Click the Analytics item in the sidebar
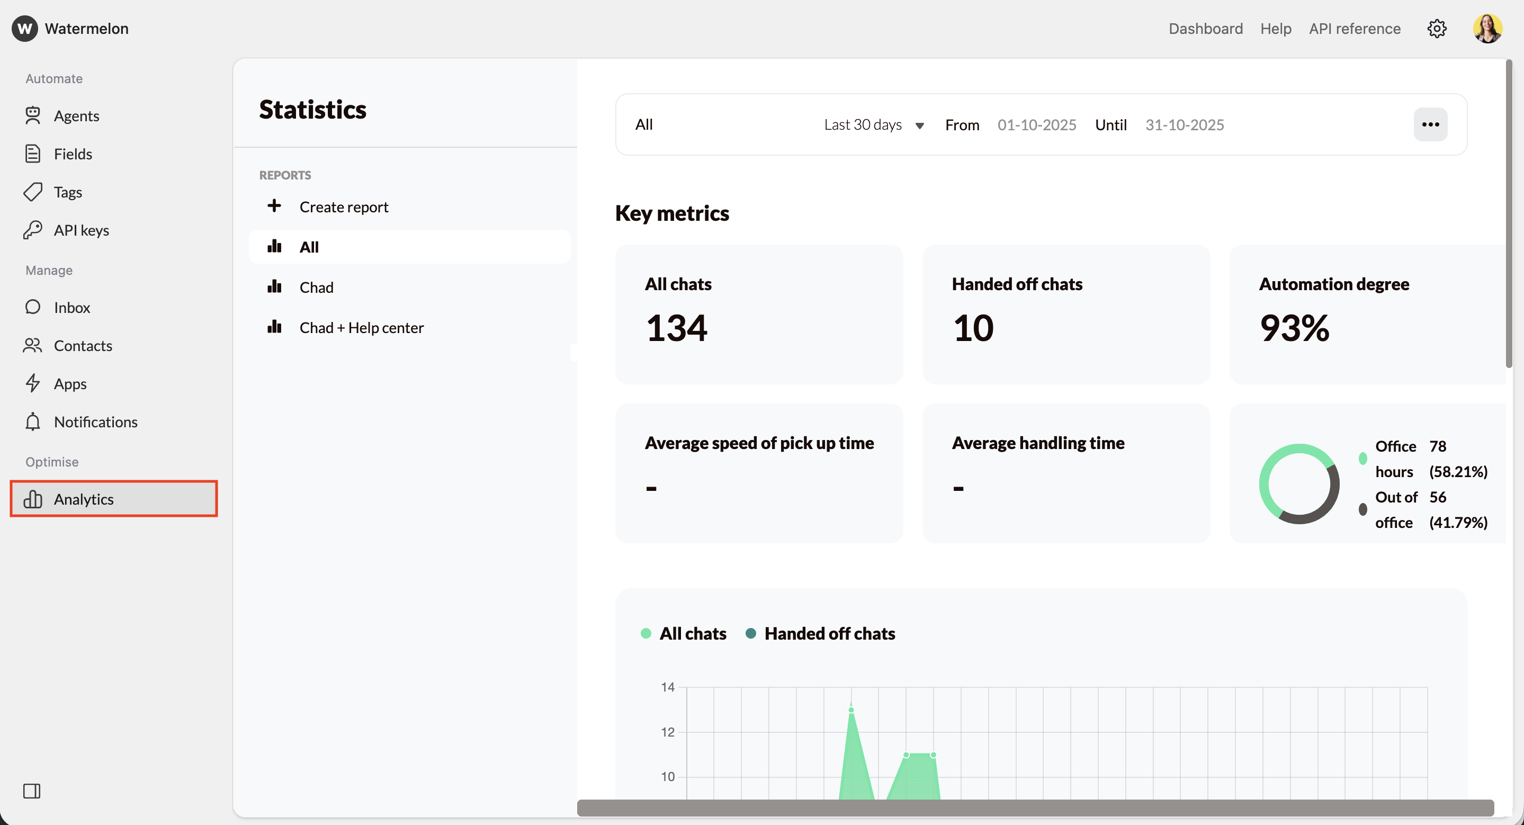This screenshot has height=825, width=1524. coord(84,499)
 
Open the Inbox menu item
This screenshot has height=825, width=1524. coord(71,308)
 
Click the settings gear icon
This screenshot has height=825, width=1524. coord(1437,29)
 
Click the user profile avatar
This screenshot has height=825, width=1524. coord(1487,29)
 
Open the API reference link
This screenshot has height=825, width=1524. coord(1354,29)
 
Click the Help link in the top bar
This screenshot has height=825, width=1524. coord(1276,29)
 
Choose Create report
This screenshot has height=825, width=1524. coord(343,207)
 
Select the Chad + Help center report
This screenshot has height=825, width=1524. coord(361,328)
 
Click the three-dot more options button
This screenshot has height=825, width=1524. coord(1430,124)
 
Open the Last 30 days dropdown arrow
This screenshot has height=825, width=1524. coord(919,125)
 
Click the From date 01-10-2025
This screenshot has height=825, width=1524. coord(1036,125)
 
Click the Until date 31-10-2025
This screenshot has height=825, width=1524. coord(1185,125)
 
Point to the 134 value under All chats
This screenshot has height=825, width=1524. coord(676,328)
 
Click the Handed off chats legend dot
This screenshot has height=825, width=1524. coord(751,633)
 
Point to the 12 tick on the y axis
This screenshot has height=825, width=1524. coord(667,732)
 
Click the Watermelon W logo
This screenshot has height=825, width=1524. coord(25,29)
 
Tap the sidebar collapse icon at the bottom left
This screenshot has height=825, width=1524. coord(32,791)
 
